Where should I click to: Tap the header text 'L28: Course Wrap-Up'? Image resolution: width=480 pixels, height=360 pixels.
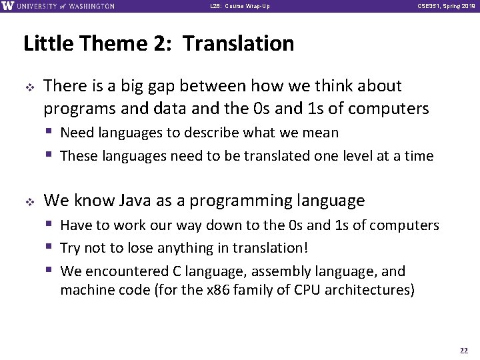pyautogui.click(x=240, y=7)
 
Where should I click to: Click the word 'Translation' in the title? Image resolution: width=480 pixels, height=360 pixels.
pyautogui.click(x=238, y=44)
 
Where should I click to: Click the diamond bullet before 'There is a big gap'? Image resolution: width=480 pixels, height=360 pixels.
pyautogui.click(x=29, y=87)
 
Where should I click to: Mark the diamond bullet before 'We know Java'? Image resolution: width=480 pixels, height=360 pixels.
pyautogui.click(x=29, y=201)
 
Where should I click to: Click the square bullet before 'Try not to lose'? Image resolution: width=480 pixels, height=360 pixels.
pyautogui.click(x=51, y=248)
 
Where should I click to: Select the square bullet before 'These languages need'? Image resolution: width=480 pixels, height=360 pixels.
pyautogui.click(x=51, y=157)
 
